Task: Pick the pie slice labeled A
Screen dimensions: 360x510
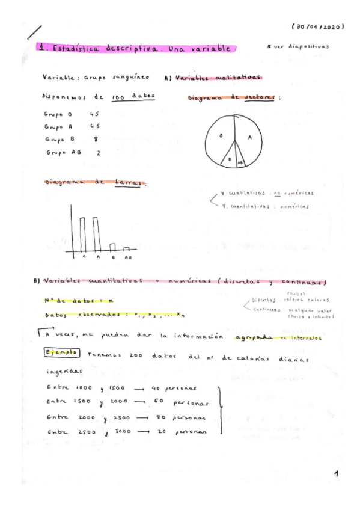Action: tap(249, 137)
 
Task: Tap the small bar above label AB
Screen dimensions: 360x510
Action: tap(126, 248)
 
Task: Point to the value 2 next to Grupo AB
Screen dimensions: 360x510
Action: tap(98, 153)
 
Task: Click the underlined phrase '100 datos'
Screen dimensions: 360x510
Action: tap(125, 97)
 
